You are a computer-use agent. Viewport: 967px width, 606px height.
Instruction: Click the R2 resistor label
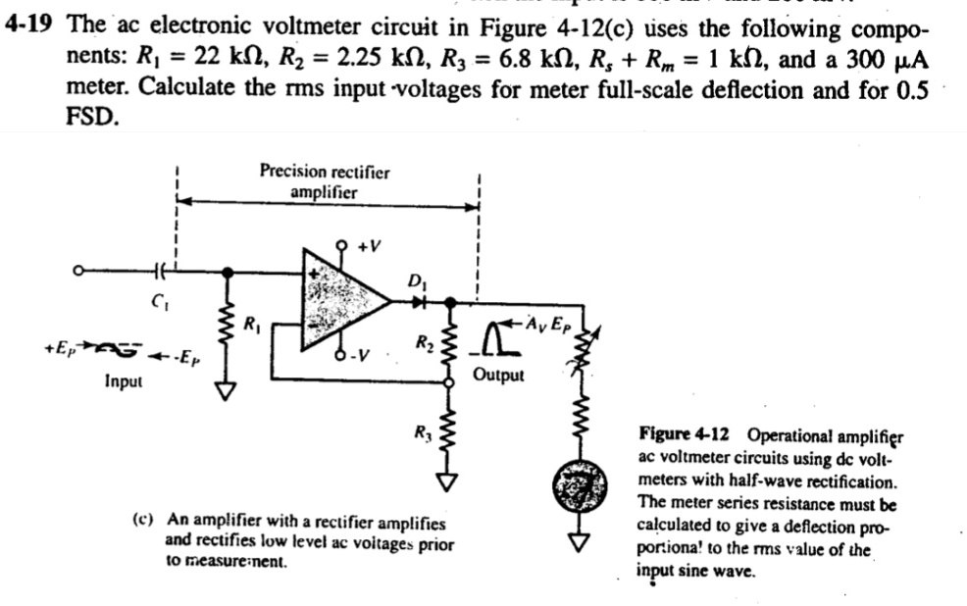(x=423, y=343)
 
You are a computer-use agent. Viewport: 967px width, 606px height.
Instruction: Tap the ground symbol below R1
(x=228, y=393)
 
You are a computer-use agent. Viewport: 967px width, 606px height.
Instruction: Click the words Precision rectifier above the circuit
(x=324, y=172)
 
